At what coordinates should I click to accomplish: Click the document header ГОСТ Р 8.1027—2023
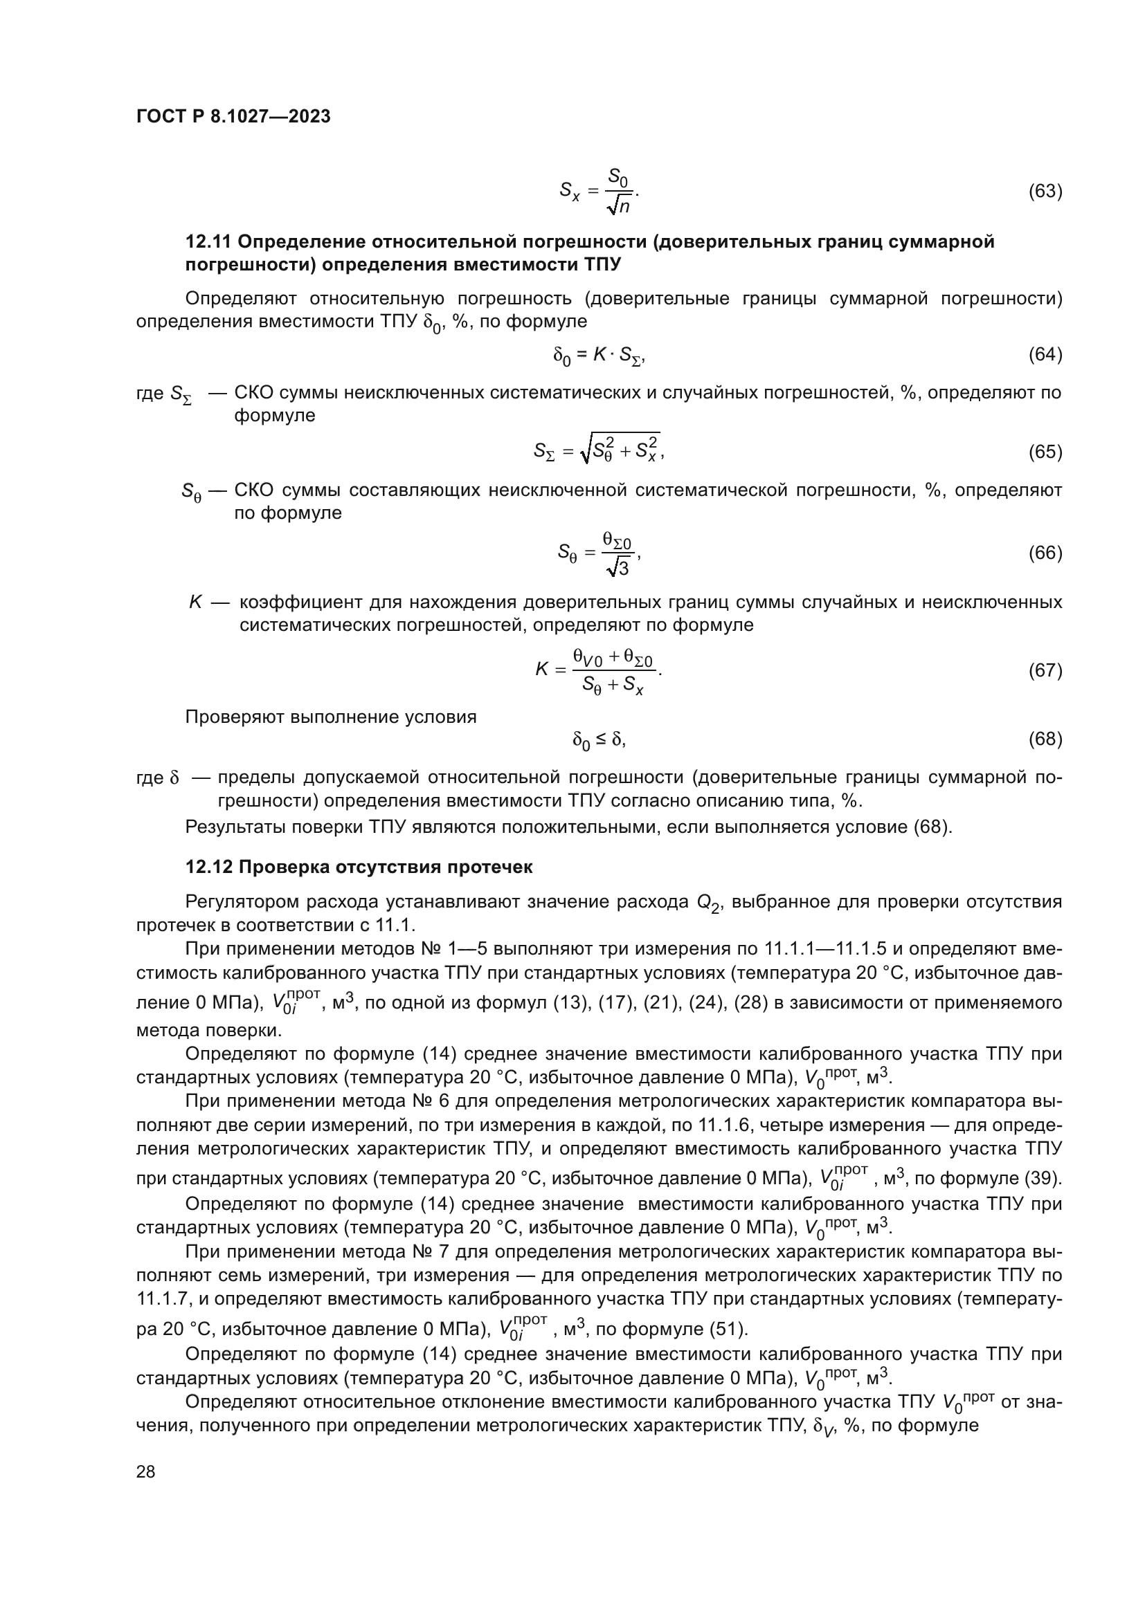233,117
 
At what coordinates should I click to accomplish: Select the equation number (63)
1045,191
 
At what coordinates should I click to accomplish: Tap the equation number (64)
1045,354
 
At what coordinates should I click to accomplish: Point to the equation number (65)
1045,452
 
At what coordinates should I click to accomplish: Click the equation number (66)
1045,553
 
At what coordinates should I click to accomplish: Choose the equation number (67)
1045,670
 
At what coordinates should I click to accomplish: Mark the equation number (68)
1045,739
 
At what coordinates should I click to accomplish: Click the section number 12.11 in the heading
208,241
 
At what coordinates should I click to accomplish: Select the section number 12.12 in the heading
208,867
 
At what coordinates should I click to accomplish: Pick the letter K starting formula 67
541,670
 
